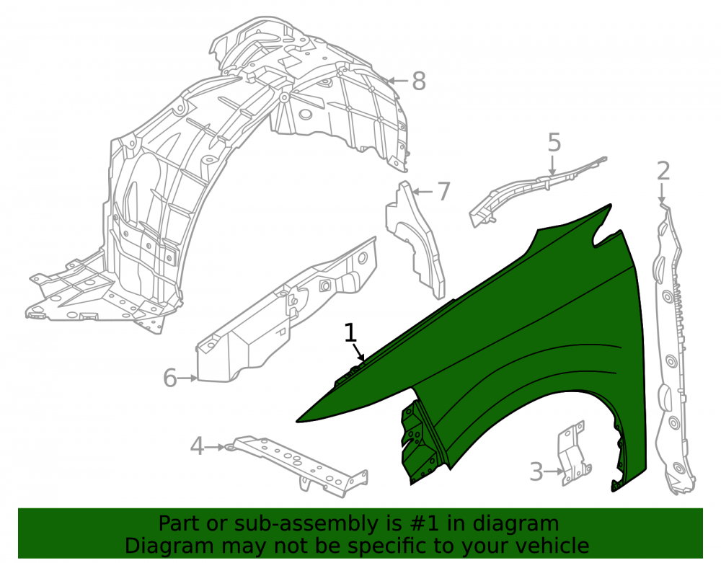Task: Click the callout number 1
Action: click(350, 333)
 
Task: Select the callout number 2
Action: click(663, 172)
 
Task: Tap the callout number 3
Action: click(536, 472)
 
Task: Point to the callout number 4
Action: click(197, 446)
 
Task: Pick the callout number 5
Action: click(554, 143)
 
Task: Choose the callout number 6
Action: click(169, 378)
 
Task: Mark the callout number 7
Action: click(443, 192)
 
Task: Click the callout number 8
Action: click(418, 81)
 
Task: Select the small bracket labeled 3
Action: click(572, 453)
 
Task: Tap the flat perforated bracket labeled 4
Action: click(299, 462)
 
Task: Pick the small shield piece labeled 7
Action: click(416, 244)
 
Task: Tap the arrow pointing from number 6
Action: click(187, 378)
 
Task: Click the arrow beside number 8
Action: click(398, 81)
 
